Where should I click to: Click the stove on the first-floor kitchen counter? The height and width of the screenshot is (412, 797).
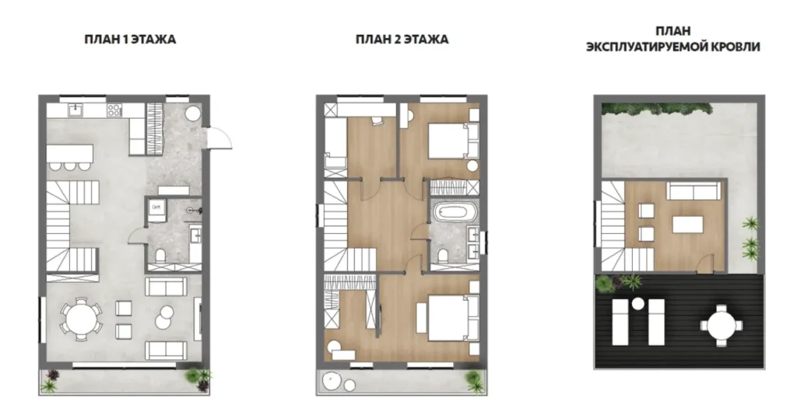tap(114, 110)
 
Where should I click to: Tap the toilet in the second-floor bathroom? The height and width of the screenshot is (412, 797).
tap(441, 254)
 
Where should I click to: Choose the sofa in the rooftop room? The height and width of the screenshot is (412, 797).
tap(693, 191)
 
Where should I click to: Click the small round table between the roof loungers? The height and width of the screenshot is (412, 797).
tap(637, 304)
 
